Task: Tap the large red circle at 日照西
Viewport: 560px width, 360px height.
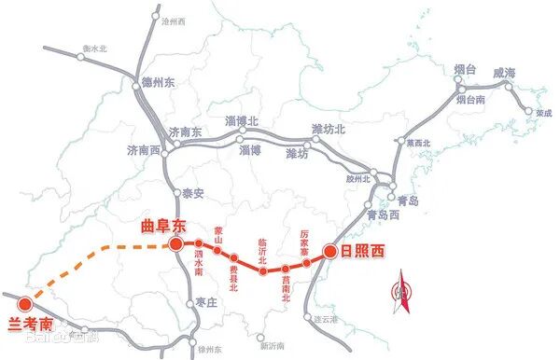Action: coord(329,250)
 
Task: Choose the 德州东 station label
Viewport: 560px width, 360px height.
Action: coord(160,82)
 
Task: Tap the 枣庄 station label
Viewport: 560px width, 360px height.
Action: coord(207,302)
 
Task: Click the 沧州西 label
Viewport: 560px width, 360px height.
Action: coord(174,20)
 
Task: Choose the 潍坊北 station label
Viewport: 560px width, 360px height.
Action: coord(328,129)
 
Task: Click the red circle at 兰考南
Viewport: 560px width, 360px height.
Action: coord(25,304)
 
